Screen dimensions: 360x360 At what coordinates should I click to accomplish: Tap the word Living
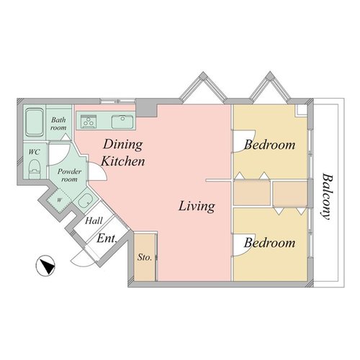click(x=197, y=207)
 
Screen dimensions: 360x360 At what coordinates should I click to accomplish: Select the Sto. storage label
click(x=145, y=257)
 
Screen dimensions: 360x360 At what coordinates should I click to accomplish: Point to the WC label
click(x=34, y=152)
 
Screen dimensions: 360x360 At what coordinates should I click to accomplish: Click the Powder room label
click(x=69, y=176)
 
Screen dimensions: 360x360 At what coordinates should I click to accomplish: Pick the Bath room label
click(x=58, y=124)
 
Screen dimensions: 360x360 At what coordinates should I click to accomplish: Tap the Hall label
click(x=94, y=221)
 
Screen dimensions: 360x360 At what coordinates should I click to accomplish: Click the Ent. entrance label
click(x=107, y=238)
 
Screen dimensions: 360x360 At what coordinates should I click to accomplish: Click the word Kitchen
click(x=123, y=161)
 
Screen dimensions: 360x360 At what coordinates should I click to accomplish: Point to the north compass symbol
click(x=45, y=266)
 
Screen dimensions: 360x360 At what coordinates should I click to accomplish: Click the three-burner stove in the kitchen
click(x=89, y=122)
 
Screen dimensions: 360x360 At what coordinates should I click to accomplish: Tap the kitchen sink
click(x=122, y=122)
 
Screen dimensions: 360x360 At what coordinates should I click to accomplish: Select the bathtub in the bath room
click(x=35, y=122)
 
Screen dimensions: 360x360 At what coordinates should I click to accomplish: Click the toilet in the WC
click(x=35, y=169)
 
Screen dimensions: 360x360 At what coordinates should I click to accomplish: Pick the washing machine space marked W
click(x=59, y=200)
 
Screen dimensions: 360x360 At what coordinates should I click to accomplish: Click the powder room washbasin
click(x=86, y=201)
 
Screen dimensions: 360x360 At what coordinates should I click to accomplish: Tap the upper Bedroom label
click(x=270, y=145)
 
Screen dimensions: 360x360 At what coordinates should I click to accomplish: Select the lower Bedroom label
click(x=270, y=243)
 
